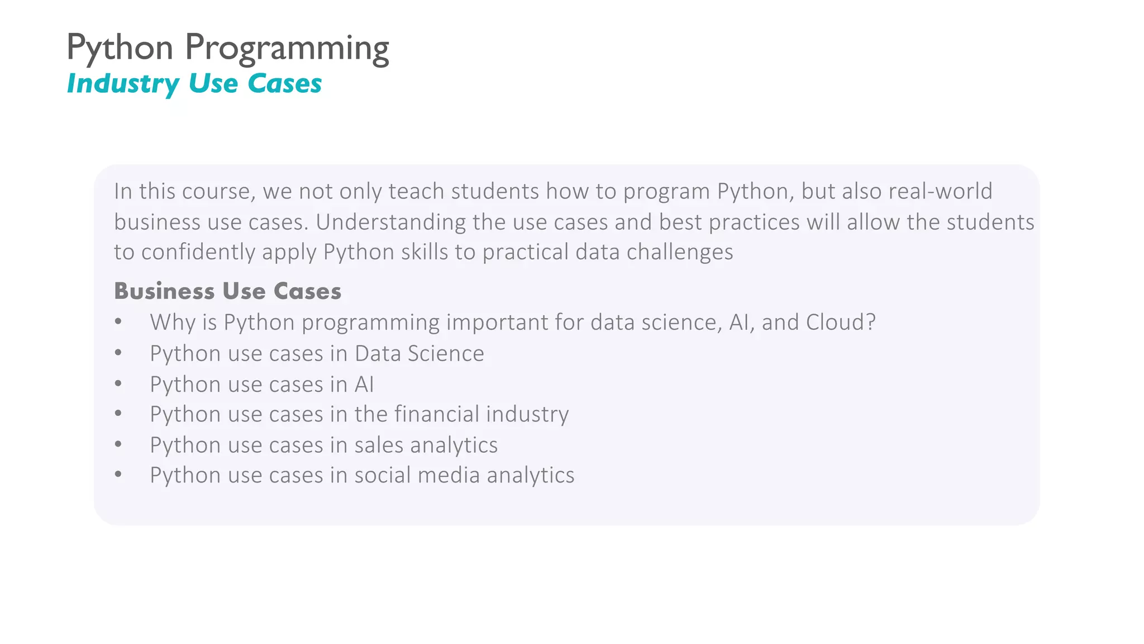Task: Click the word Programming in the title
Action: pos(287,49)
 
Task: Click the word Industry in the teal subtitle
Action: pos(123,84)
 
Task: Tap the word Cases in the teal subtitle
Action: pos(284,84)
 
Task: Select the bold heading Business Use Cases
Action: pos(227,291)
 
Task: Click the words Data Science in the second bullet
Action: pos(419,354)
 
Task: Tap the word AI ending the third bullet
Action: pos(364,385)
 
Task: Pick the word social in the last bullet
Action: pos(382,475)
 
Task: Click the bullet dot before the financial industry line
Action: pos(118,414)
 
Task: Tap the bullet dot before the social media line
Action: pos(118,475)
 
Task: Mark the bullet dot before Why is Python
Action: pos(118,323)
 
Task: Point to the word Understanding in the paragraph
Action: pos(390,222)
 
